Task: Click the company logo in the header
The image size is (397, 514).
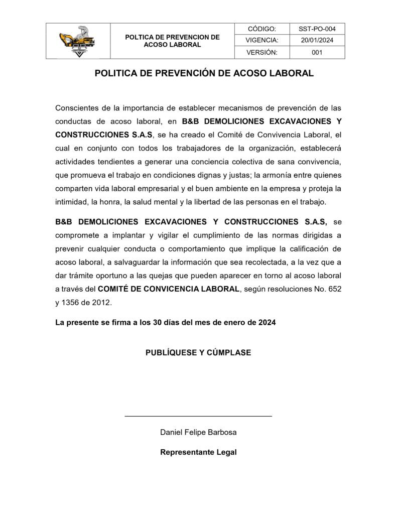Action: pos(78,41)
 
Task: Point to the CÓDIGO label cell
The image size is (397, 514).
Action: pos(262,29)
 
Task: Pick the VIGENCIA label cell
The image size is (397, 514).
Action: pos(262,41)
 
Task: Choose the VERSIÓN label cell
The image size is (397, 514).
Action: pos(262,52)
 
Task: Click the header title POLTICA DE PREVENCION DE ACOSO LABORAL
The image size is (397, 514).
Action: pos(172,41)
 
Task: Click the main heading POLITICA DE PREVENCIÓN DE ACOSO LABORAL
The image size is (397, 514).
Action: pos(204,73)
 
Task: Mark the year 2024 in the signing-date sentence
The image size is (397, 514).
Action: pos(267,323)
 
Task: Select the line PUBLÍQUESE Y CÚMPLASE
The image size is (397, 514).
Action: pos(198,353)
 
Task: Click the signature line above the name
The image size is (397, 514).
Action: pos(198,416)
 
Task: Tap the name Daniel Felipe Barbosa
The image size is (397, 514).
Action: pos(198,432)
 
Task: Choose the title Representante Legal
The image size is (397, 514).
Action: pos(198,452)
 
